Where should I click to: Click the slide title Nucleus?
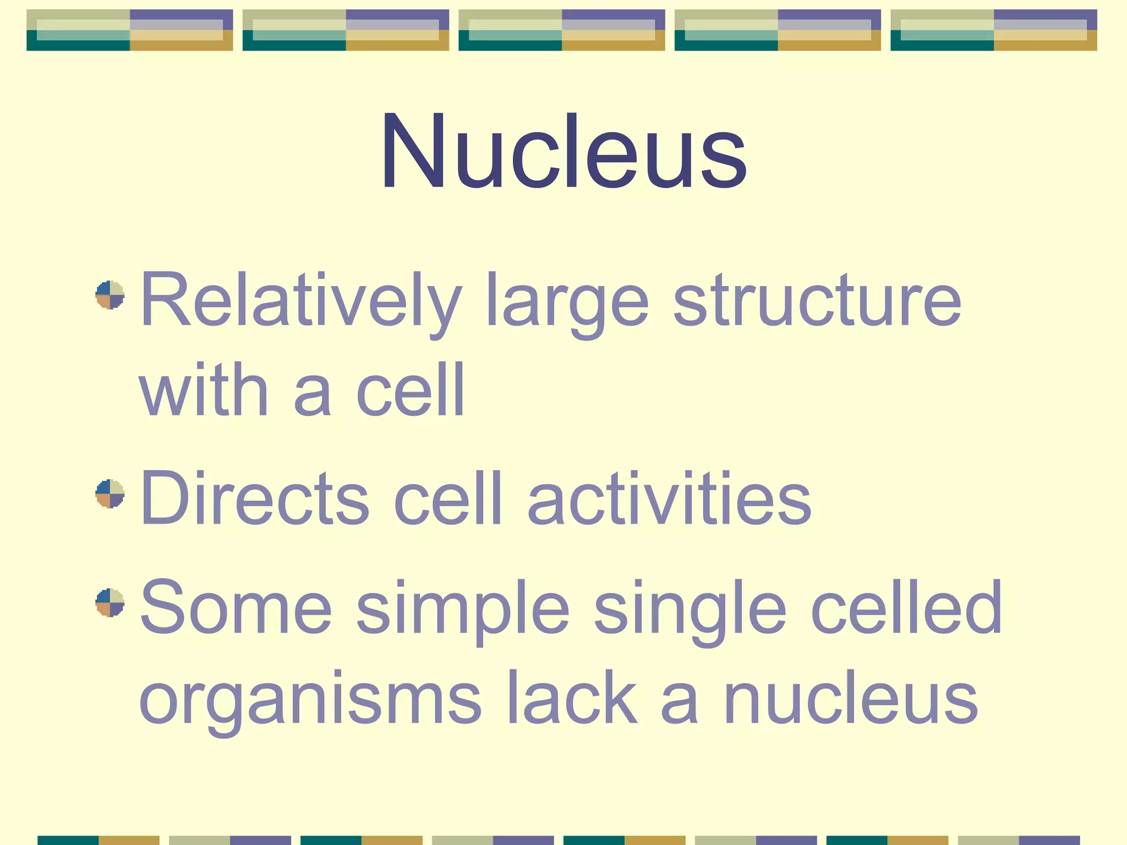tap(563, 151)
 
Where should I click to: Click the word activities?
tap(669, 498)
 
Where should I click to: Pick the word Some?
tap(237, 607)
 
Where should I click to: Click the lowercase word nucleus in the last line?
tap(851, 699)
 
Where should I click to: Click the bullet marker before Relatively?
tap(110, 295)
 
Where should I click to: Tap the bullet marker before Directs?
tap(110, 493)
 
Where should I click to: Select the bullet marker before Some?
tap(110, 603)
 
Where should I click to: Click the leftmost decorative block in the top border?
tap(130, 30)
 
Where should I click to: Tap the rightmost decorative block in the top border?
tap(994, 30)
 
